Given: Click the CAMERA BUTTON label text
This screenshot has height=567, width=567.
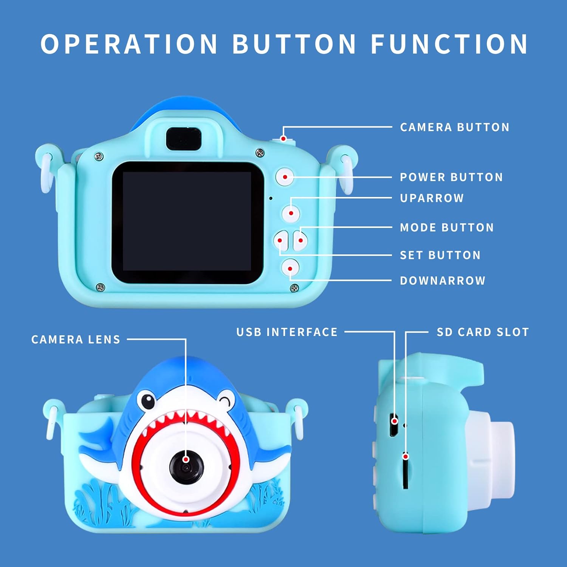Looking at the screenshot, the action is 455,127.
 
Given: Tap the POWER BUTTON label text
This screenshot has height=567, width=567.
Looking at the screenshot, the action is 451,177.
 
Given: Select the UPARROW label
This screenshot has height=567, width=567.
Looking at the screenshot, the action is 432,198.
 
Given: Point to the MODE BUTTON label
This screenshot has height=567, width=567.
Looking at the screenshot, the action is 447,228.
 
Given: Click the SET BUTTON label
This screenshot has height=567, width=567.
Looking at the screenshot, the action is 440,255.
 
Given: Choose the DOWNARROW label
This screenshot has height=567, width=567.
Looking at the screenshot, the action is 443,280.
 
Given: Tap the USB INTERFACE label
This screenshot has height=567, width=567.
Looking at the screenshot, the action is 287,332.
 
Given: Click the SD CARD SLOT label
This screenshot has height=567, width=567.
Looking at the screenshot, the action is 483,332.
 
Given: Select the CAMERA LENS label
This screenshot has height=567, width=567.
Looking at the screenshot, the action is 76,339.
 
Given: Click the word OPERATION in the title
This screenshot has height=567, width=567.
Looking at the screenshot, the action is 129,44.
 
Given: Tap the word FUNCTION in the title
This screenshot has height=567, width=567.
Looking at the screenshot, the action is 449,44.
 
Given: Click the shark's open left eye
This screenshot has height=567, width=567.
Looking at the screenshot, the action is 146,401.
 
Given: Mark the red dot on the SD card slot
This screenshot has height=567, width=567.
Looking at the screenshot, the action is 406,456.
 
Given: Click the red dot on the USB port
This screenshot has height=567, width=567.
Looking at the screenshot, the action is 395,421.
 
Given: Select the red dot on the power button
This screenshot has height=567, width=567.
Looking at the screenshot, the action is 285,177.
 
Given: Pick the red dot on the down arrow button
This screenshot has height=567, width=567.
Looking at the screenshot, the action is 290,269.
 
